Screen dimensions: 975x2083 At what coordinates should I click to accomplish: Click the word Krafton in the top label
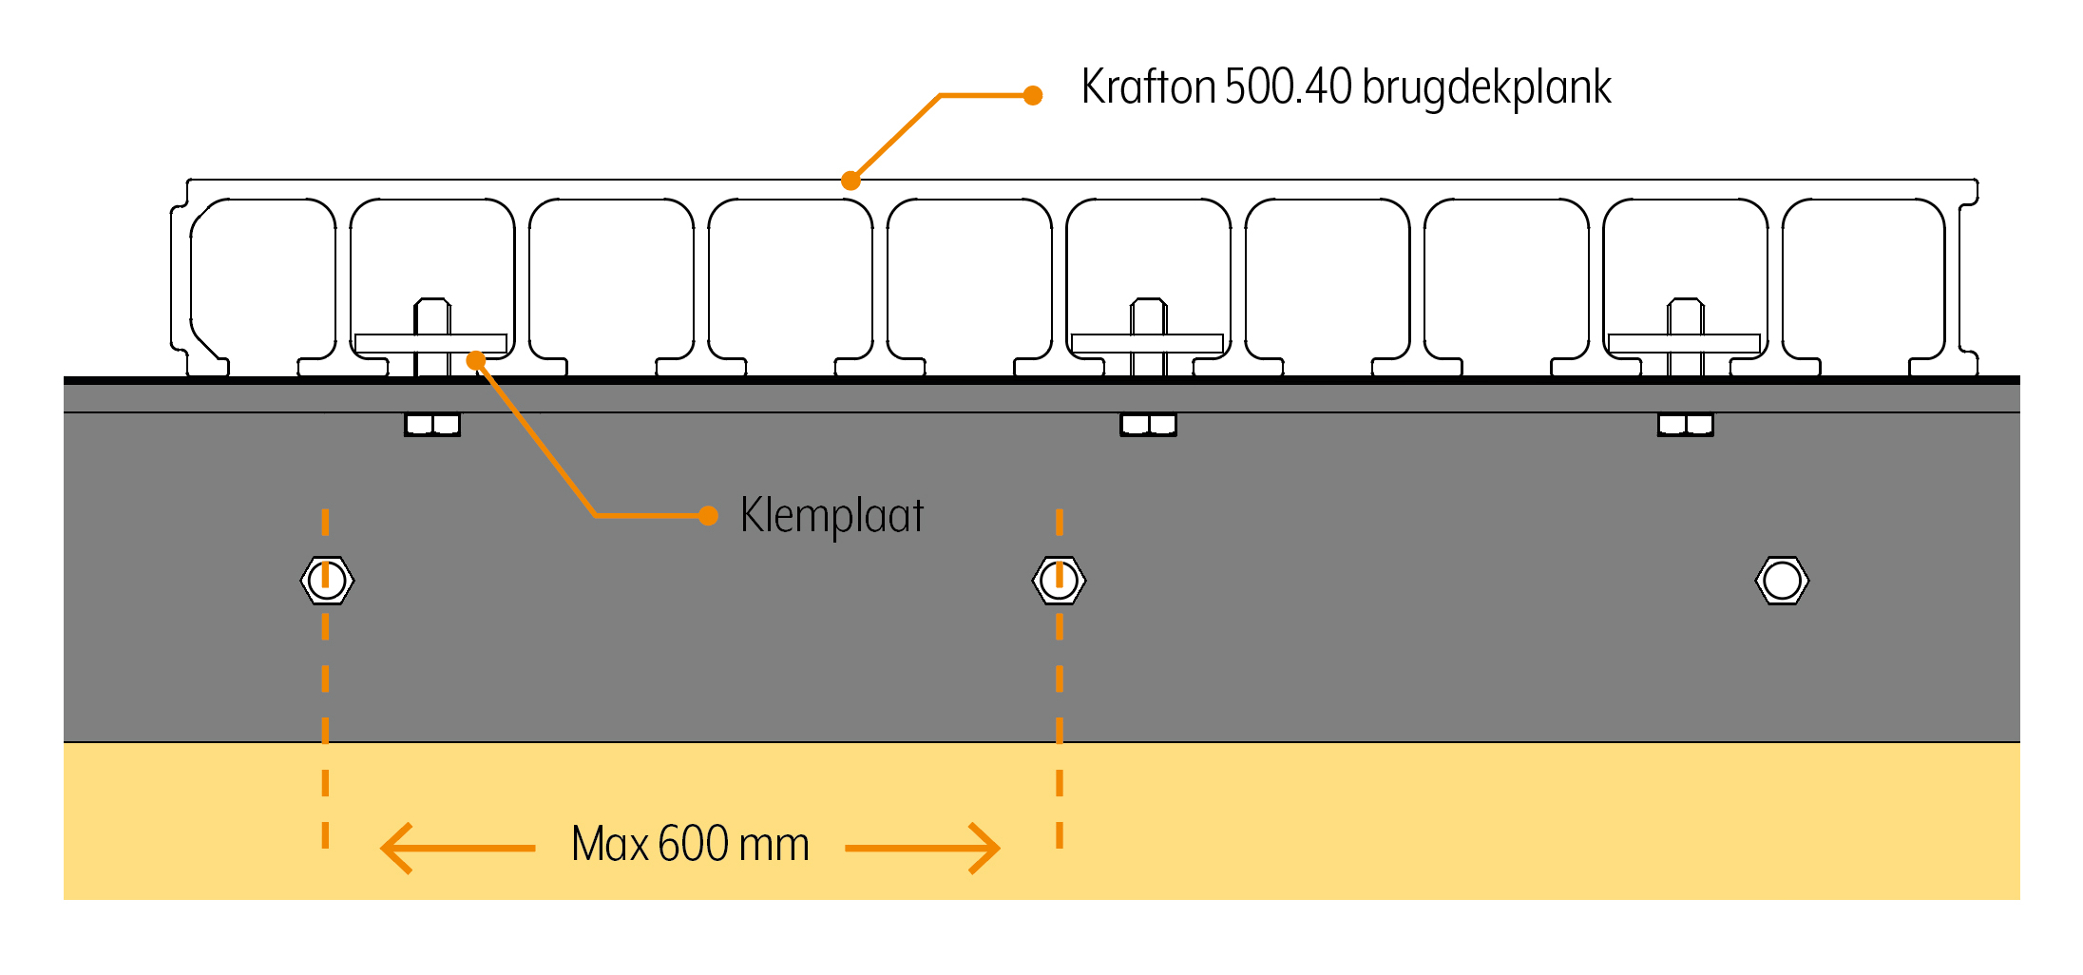pyautogui.click(x=1148, y=87)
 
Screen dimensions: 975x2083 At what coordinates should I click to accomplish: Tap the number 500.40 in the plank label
pyautogui.click(x=1288, y=87)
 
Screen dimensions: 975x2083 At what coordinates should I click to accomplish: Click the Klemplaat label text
pyautogui.click(x=831, y=516)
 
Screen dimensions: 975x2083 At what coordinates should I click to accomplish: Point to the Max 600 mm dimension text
pyautogui.click(x=690, y=844)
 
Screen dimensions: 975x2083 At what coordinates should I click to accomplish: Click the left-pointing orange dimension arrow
pyautogui.click(x=456, y=848)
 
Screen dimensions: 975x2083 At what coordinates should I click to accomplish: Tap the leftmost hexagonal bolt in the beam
pyautogui.click(x=327, y=580)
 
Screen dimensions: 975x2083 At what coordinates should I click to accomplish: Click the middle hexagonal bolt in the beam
pyautogui.click(x=1059, y=580)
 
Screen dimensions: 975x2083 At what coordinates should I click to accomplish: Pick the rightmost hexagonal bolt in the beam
pyautogui.click(x=1782, y=580)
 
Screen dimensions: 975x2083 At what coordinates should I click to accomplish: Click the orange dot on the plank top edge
pyautogui.click(x=850, y=181)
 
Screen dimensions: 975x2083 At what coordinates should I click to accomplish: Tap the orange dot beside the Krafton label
pyautogui.click(x=1033, y=95)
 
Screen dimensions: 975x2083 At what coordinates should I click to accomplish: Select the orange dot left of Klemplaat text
pyautogui.click(x=707, y=516)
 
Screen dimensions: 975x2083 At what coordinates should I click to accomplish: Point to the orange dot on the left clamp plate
pyautogui.click(x=476, y=360)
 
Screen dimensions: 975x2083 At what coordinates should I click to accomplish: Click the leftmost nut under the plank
pyautogui.click(x=432, y=424)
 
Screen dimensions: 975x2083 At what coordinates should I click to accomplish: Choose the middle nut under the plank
pyautogui.click(x=1148, y=424)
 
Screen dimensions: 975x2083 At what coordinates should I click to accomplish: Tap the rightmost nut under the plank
pyautogui.click(x=1685, y=424)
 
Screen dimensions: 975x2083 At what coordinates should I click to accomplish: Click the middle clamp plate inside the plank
pyautogui.click(x=1147, y=343)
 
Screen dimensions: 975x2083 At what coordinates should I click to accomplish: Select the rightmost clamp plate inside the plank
pyautogui.click(x=1684, y=343)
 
